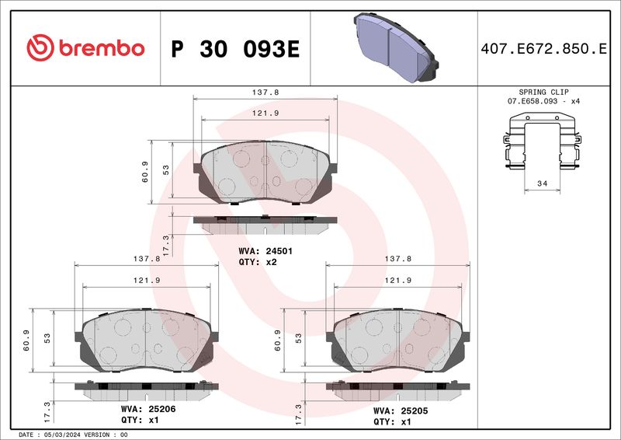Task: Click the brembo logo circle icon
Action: pos(40,48)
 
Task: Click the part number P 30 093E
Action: pos(235,49)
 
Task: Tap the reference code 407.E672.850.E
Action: pos(543,49)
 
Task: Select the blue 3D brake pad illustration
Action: pos(396,47)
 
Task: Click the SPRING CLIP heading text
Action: pos(543,92)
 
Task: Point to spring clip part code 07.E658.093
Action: pos(533,101)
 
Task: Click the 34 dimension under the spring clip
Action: pos(542,183)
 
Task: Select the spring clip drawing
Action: pos(542,141)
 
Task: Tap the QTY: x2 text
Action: pos(258,262)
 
